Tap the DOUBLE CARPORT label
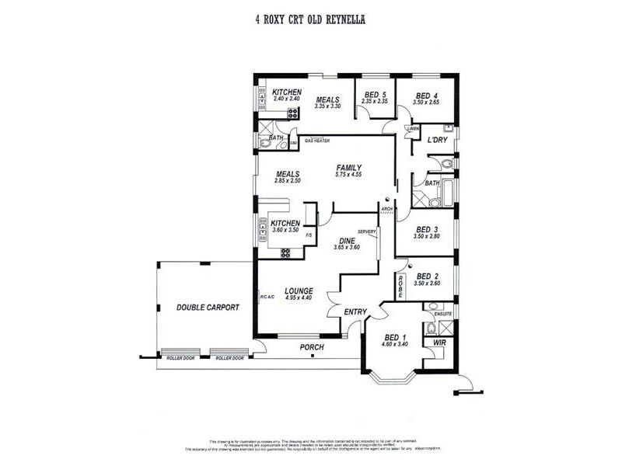pyautogui.click(x=208, y=308)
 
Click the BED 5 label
pyautogui.click(x=375, y=95)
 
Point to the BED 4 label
pyautogui.click(x=428, y=95)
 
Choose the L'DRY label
pyautogui.click(x=437, y=140)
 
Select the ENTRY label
pyautogui.click(x=355, y=312)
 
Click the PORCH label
pyautogui.click(x=312, y=348)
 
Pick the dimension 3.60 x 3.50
pyautogui.click(x=286, y=231)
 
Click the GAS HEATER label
pyautogui.click(x=317, y=141)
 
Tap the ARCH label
pyautogui.click(x=386, y=209)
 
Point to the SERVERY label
pyautogui.click(x=366, y=231)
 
